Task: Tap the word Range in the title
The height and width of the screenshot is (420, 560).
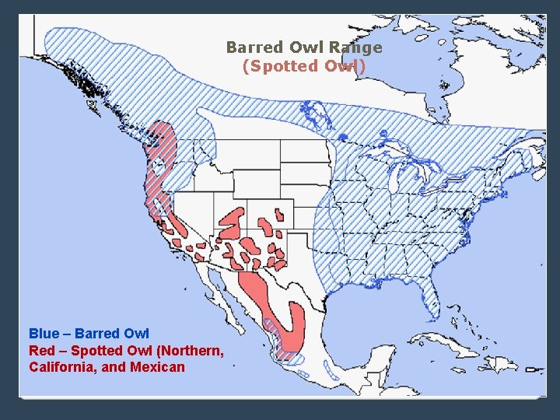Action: click(355, 47)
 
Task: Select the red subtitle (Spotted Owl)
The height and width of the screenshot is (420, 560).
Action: click(304, 66)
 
